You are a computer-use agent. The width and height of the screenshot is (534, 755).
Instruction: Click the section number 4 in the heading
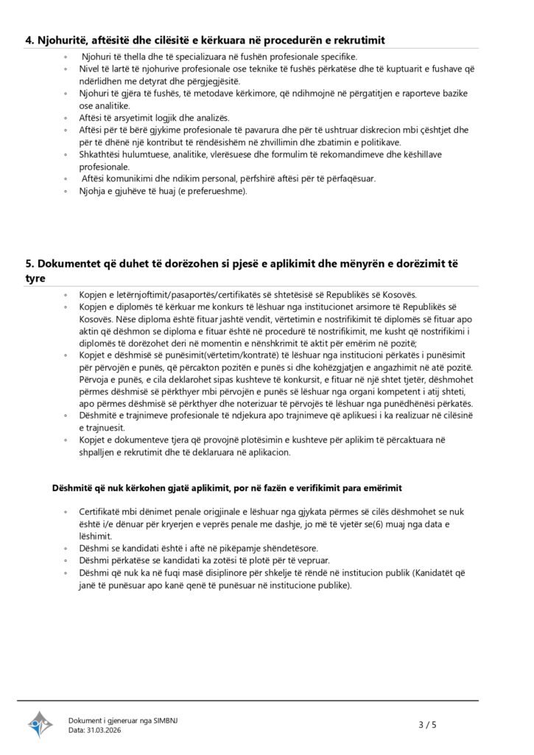click(29, 39)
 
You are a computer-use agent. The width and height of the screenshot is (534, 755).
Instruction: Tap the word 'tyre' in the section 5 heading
click(35, 279)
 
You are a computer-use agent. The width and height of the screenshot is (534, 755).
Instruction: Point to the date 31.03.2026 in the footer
click(105, 730)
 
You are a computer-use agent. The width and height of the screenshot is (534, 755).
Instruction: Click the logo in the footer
click(41, 724)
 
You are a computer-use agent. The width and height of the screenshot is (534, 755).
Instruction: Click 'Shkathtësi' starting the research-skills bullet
click(100, 155)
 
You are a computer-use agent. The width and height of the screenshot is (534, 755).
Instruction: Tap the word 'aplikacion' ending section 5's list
click(268, 453)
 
